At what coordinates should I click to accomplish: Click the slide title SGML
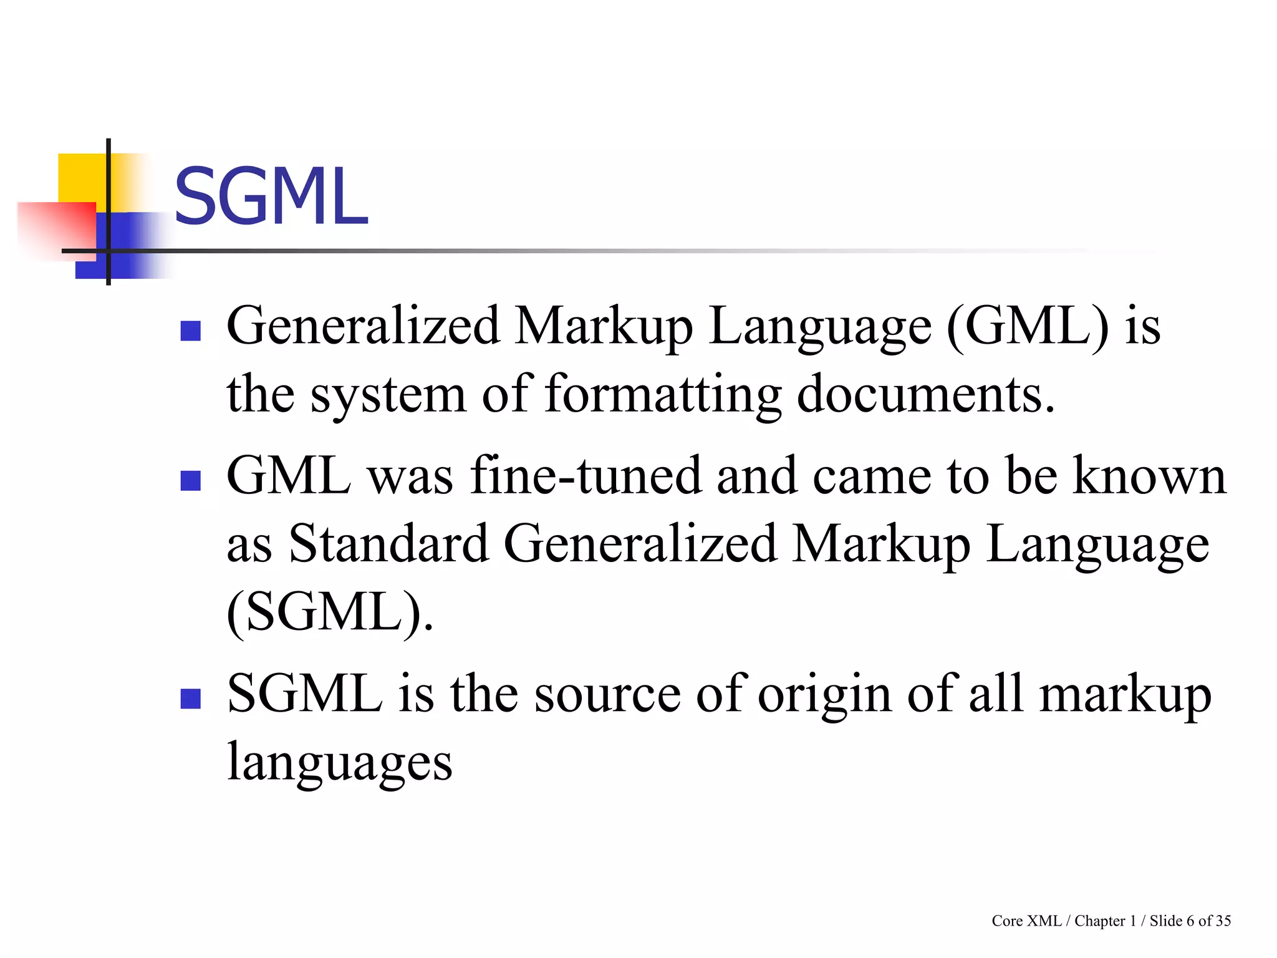coord(271,196)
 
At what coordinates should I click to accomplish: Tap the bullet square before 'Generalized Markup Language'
coord(190,331)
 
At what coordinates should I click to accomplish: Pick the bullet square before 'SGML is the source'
coord(190,699)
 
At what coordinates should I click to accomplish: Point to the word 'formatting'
coord(663,395)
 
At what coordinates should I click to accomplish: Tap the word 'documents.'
coord(926,395)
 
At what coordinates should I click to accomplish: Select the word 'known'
coord(1149,476)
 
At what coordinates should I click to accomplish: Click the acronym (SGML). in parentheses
coord(329,612)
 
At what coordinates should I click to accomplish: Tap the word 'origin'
coord(824,695)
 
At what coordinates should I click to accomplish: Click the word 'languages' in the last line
coord(340,763)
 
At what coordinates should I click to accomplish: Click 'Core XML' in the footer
coord(1026,921)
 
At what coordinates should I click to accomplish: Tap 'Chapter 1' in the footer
coord(1105,921)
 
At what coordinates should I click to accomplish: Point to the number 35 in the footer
coord(1223,921)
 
